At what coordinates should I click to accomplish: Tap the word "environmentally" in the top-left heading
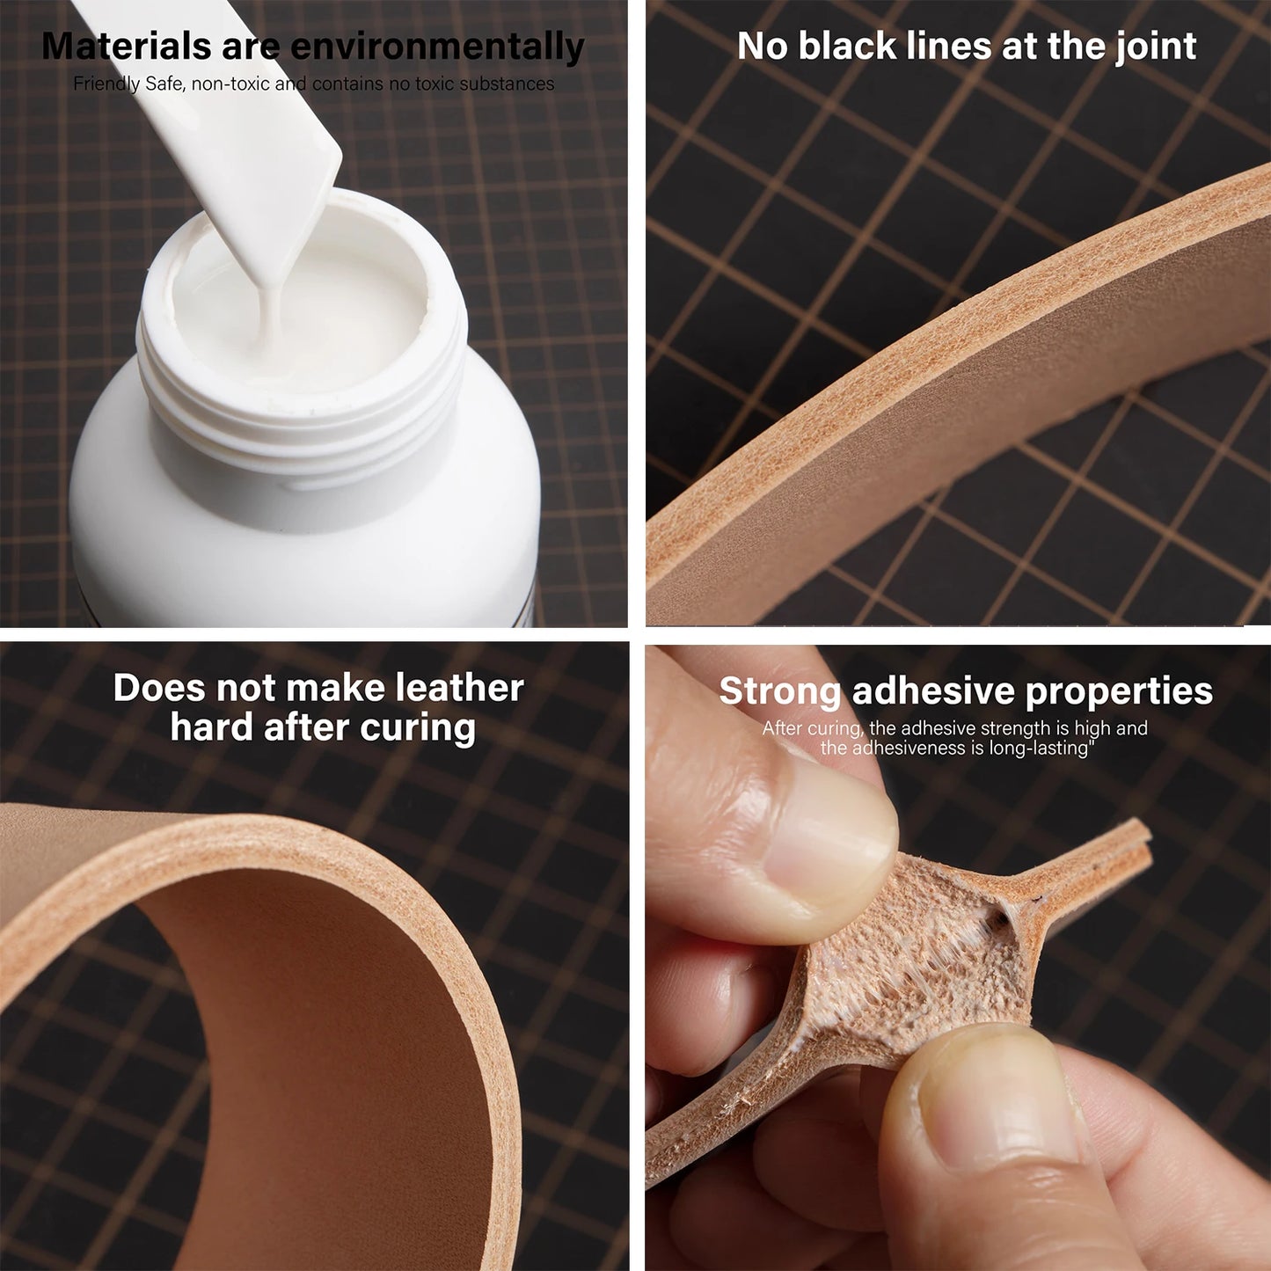tap(437, 47)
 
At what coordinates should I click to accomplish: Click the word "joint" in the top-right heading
tap(1156, 46)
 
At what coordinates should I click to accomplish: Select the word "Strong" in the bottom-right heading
tap(780, 691)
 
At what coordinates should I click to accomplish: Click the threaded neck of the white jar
tap(299, 405)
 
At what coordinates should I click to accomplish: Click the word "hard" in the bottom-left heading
tap(211, 727)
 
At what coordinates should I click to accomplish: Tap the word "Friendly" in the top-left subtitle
tap(106, 84)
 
